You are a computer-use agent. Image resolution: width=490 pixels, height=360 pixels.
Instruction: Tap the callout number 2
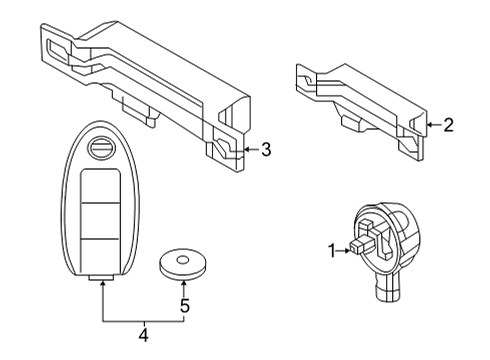click(449, 125)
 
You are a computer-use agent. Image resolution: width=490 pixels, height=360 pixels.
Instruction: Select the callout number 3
click(265, 151)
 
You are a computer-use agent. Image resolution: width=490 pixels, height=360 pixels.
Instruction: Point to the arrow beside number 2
click(431, 125)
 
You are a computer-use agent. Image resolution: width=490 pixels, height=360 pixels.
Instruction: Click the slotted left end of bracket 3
click(58, 45)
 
